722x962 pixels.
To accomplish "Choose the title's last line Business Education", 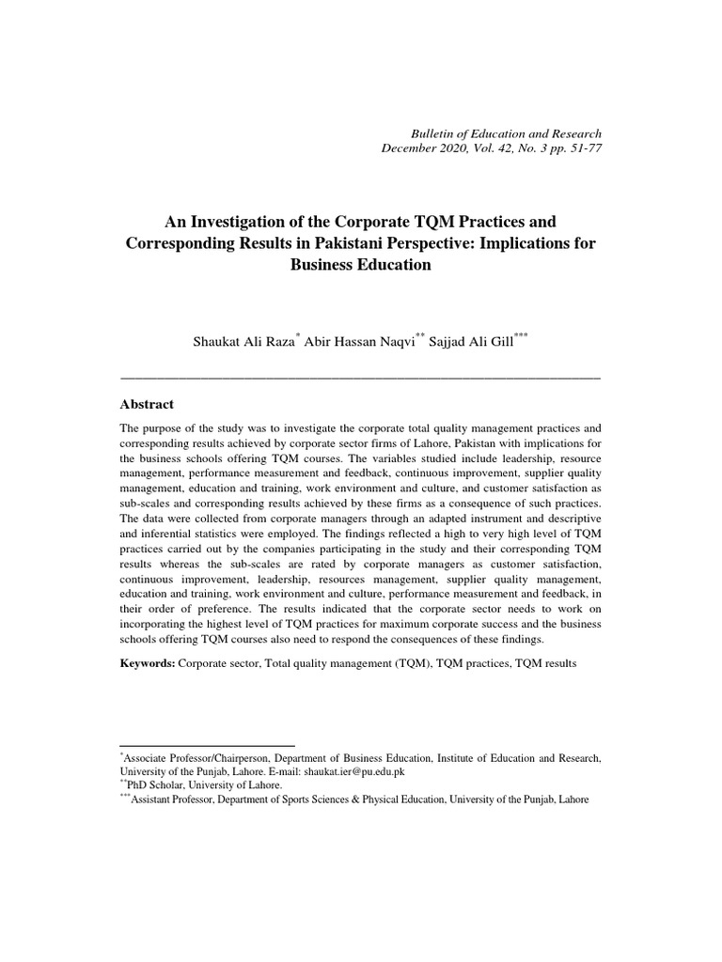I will click(361, 266).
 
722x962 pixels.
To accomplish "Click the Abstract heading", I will click(148, 404).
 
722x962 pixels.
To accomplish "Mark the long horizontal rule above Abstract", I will click(361, 377).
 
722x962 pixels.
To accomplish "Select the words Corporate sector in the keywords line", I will click(217, 663).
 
